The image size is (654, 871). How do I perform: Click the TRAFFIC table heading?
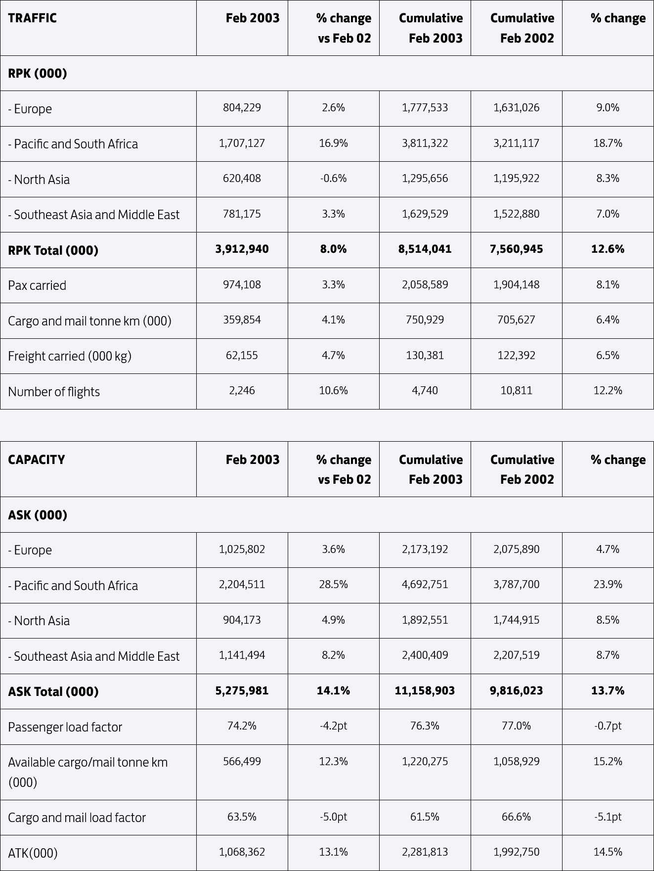tap(32, 18)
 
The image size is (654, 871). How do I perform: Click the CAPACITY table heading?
tap(36, 459)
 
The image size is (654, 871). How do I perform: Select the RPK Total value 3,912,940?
tap(242, 249)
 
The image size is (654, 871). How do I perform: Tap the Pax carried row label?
tap(37, 285)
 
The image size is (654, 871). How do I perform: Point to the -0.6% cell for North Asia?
tap(333, 178)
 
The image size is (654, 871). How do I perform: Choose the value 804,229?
tap(242, 107)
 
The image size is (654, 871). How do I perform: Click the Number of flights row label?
tap(54, 392)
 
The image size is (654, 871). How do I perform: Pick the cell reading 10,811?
tap(516, 390)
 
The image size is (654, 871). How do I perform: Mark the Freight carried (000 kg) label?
tap(70, 356)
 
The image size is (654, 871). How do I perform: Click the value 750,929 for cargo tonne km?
tap(425, 320)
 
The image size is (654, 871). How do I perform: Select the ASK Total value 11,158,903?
tap(425, 690)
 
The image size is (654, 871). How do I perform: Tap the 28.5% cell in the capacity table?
tap(333, 584)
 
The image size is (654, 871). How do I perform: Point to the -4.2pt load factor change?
tap(333, 726)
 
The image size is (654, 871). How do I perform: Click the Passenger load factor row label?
tap(65, 727)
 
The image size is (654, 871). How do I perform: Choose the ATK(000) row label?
tap(33, 853)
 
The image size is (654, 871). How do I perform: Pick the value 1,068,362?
tap(242, 852)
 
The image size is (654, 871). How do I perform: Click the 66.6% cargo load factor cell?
tap(516, 817)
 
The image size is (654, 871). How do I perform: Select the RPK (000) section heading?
tap(38, 73)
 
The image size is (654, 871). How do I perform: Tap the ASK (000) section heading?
tap(38, 515)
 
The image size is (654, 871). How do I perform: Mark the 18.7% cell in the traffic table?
tap(608, 143)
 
